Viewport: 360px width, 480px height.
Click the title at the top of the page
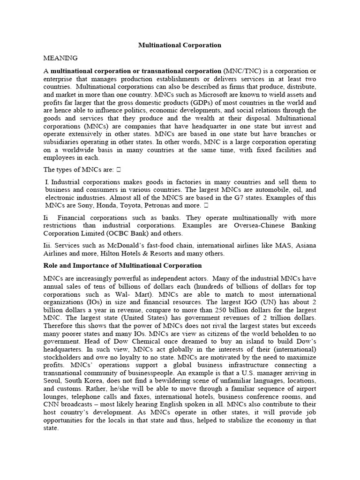180,45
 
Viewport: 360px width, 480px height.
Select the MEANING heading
60,58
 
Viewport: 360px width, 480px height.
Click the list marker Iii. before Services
48,246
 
